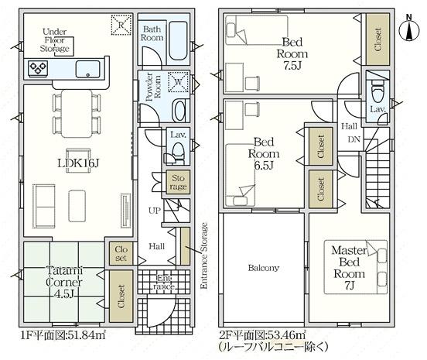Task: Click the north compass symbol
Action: (x=409, y=29)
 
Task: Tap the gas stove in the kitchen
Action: (x=38, y=67)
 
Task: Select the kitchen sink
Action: (x=87, y=69)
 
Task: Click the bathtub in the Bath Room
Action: (x=178, y=40)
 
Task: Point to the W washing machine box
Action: (x=179, y=81)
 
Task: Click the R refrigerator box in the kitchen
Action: (x=121, y=25)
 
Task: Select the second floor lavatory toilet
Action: (x=377, y=91)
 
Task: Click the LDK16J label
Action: (x=78, y=163)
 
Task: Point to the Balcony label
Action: (x=263, y=268)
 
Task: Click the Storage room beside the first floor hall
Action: (x=178, y=182)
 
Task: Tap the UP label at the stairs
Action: (x=155, y=211)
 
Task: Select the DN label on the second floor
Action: (x=354, y=139)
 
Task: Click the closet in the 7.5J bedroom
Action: (x=377, y=39)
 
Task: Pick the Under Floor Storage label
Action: (x=54, y=40)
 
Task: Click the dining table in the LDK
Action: (x=77, y=114)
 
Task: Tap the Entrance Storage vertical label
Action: (x=203, y=255)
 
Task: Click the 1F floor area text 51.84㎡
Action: (x=63, y=335)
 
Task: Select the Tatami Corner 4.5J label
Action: (x=64, y=283)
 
